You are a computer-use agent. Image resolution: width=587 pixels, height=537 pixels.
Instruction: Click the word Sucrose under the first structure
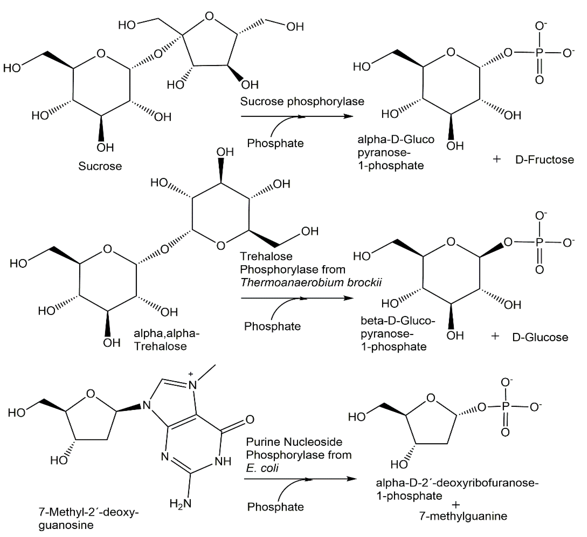tap(100, 166)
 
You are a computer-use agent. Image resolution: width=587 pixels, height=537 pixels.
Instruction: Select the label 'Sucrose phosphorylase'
tap(302, 101)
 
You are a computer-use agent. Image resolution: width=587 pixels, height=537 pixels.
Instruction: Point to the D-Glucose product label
tap(540, 337)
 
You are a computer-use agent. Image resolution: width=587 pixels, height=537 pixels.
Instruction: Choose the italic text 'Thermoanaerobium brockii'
tap(311, 283)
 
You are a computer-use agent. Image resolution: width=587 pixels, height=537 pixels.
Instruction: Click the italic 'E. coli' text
tap(262, 468)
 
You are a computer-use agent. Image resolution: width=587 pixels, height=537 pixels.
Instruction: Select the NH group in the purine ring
tap(223, 461)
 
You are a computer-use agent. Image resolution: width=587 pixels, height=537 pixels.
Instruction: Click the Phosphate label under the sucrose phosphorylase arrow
tap(275, 143)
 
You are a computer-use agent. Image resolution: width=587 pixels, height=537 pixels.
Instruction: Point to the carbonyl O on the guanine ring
tap(250, 419)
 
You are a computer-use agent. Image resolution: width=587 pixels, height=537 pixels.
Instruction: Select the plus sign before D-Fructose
tap(497, 159)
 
